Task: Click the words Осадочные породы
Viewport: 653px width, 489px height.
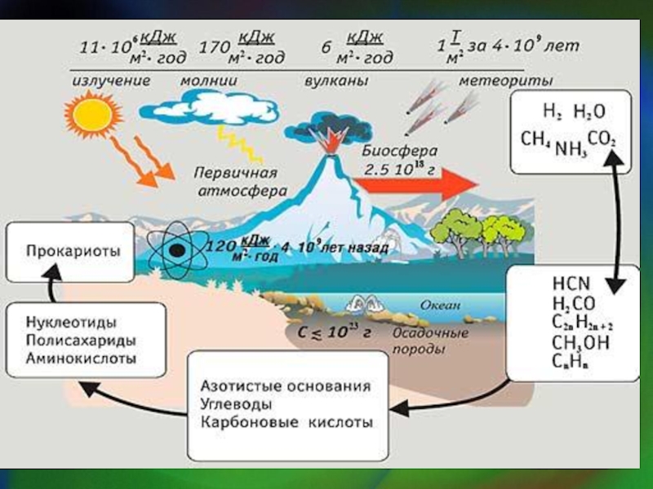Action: click(x=430, y=341)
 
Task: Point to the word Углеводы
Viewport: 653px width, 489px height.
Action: click(x=233, y=404)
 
